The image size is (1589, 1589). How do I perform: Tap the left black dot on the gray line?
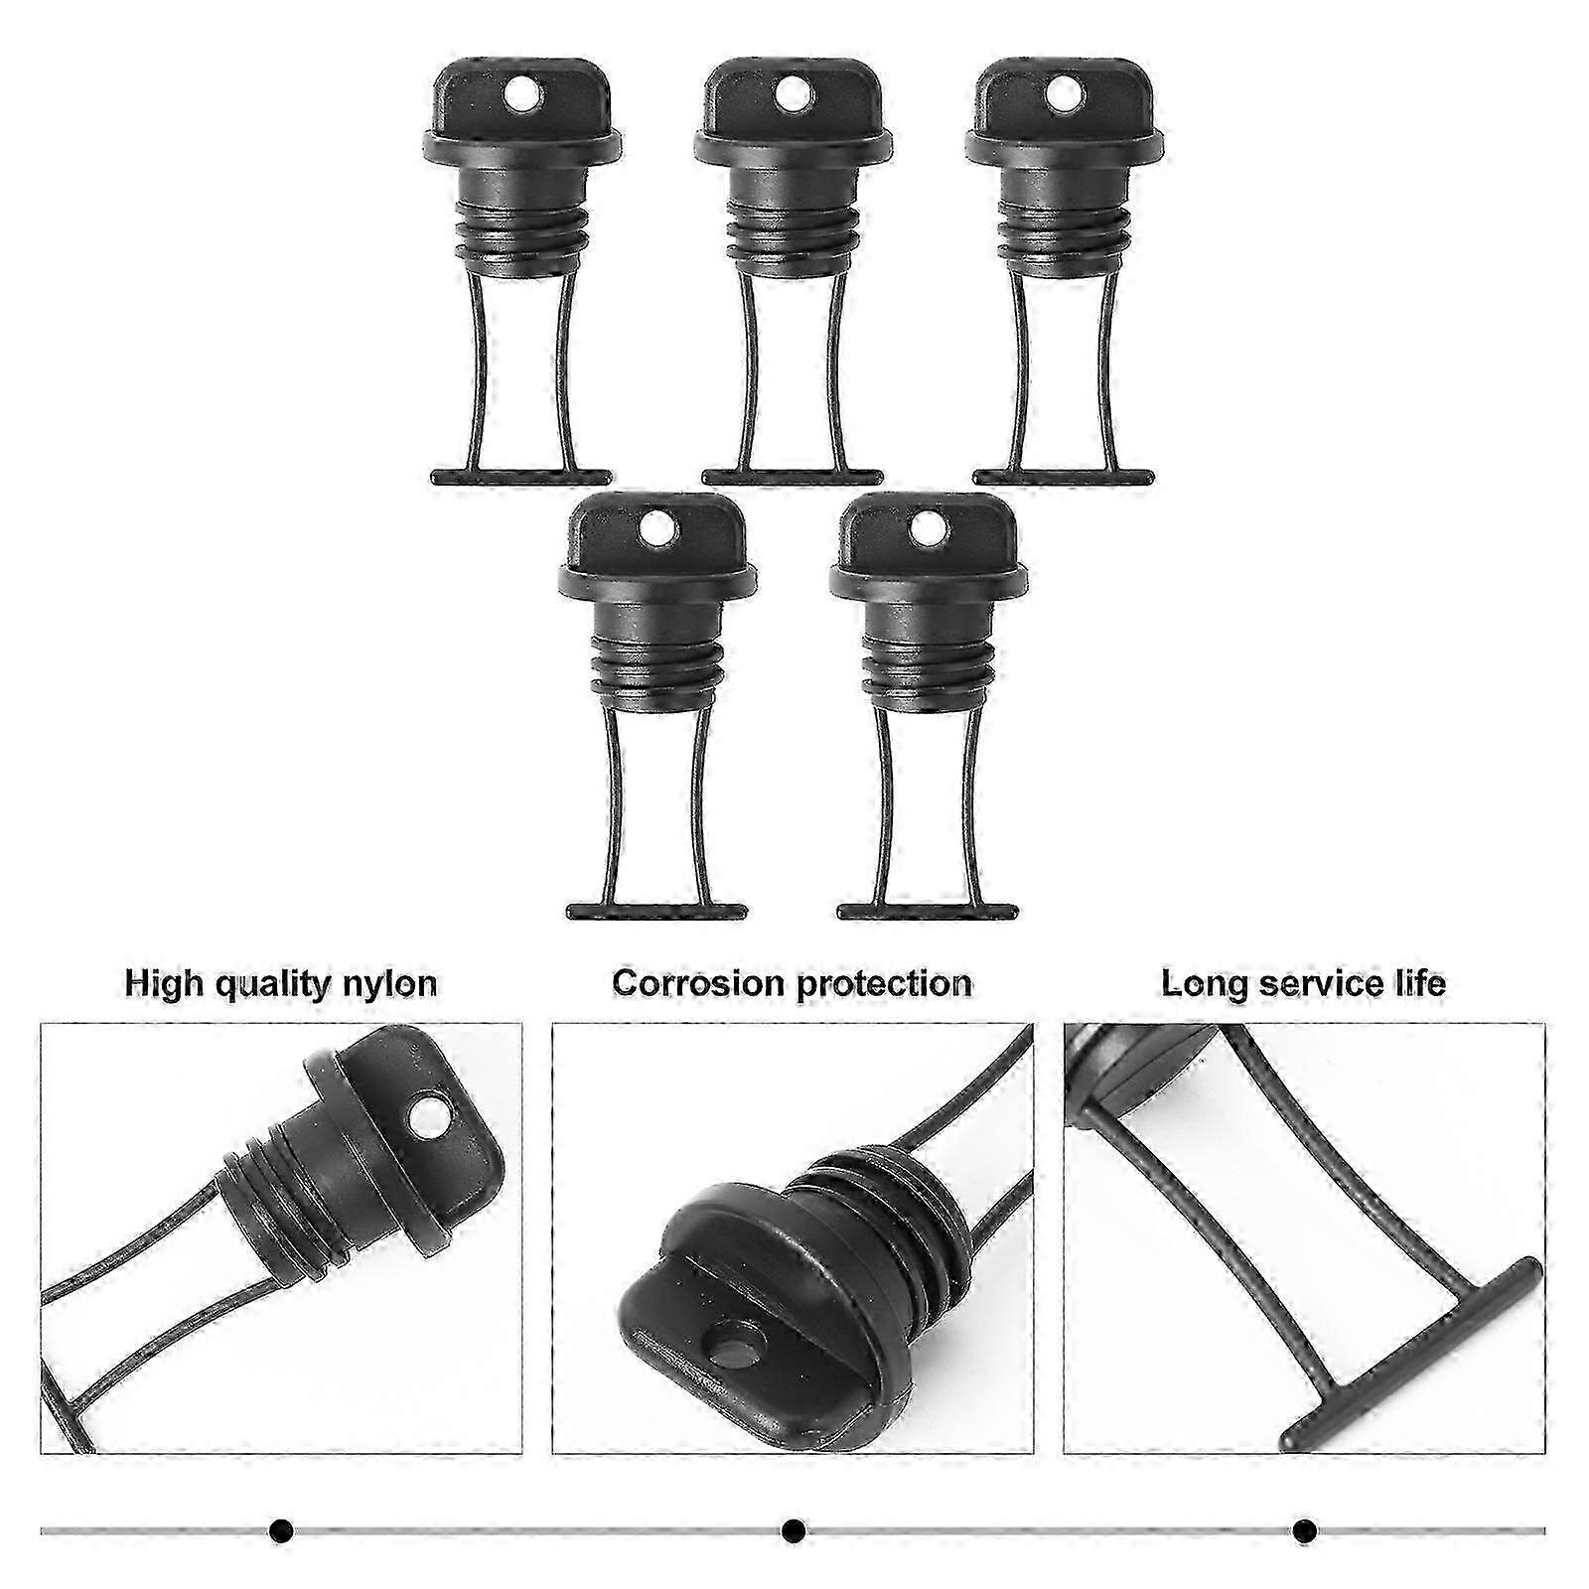tap(281, 1530)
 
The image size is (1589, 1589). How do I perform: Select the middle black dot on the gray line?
tap(793, 1530)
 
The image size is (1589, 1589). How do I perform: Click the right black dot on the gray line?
tap(1305, 1530)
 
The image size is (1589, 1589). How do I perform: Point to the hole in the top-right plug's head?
tap(1063, 95)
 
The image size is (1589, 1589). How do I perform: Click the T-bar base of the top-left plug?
tap(521, 478)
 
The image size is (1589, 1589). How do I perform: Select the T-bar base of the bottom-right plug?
tap(928, 912)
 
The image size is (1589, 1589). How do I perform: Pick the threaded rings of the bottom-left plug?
tap(656, 671)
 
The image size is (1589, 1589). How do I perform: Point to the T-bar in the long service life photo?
tap(1411, 1356)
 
